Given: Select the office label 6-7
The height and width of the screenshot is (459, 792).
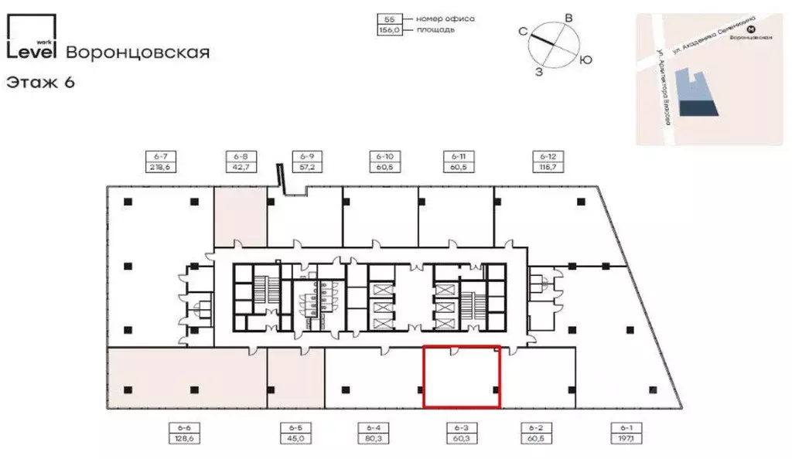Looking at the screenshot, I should click(x=161, y=156).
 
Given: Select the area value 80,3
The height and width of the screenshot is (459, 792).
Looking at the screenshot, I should click(x=374, y=437).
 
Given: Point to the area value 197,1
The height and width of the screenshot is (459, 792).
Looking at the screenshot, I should click(x=626, y=437).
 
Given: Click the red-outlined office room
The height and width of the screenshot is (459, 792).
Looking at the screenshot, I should click(x=461, y=376).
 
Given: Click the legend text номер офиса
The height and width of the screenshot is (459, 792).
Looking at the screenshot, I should click(x=445, y=18).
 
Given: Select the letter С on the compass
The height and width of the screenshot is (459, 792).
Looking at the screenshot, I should click(x=523, y=32).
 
